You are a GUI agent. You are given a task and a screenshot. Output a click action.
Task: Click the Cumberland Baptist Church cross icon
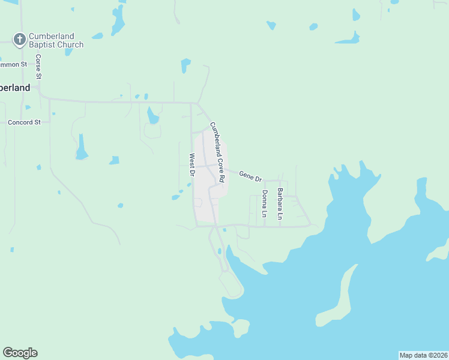20,40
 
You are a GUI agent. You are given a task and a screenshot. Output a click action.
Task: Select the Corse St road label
38,67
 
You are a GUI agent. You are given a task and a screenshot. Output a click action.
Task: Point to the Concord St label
24,122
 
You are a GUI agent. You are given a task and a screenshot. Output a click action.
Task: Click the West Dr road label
192,165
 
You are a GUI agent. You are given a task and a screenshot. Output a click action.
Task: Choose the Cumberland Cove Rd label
217,152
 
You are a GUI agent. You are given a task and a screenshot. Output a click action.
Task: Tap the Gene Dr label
250,176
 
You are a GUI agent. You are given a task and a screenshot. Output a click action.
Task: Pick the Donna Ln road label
264,203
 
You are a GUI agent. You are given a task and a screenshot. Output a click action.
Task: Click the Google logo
20,353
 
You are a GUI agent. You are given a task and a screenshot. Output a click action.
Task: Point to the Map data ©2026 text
423,355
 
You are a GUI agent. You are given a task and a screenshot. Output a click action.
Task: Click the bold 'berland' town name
15,88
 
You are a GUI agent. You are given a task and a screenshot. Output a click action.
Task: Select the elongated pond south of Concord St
81,147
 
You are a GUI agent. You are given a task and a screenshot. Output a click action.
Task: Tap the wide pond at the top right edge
348,40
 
